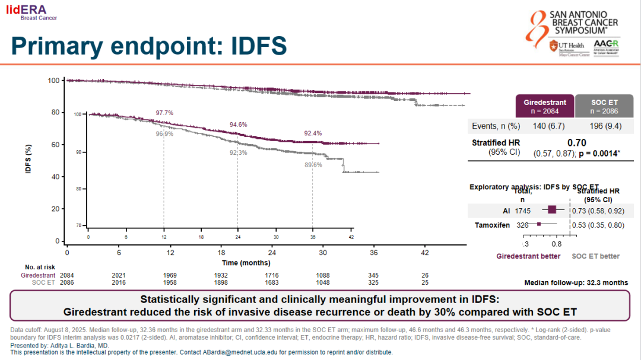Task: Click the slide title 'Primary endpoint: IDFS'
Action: [149, 46]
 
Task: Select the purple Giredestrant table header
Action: [545, 107]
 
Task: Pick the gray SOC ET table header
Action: [605, 107]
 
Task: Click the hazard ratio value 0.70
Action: [576, 143]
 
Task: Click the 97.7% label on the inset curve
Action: [164, 113]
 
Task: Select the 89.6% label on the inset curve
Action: [313, 165]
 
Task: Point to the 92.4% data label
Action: [313, 133]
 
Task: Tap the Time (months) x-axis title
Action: [246, 263]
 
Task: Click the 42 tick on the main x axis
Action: [425, 252]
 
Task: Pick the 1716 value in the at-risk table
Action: [272, 275]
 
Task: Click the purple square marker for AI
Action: [552, 209]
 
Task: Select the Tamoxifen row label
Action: [492, 225]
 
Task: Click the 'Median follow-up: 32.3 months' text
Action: [576, 283]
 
